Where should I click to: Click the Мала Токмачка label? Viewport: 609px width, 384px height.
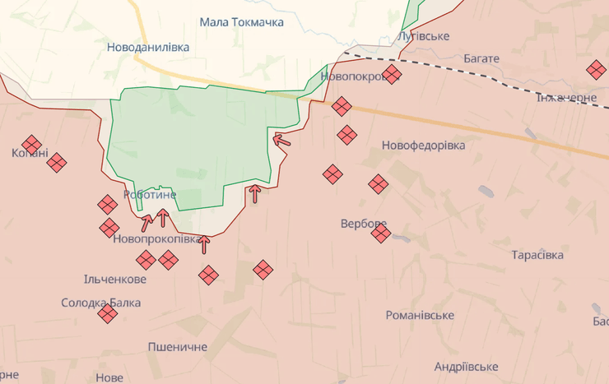(241, 22)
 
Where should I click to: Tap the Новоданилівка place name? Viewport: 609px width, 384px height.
(148, 47)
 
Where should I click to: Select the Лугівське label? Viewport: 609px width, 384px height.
(423, 36)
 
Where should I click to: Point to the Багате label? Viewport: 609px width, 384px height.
(481, 58)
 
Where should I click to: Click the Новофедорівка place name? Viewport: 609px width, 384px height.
(423, 145)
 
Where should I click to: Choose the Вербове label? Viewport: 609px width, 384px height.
(363, 223)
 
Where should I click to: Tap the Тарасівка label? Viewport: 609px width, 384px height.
(537, 255)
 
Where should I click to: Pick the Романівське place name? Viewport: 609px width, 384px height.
(420, 315)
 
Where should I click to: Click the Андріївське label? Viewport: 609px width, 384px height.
(466, 366)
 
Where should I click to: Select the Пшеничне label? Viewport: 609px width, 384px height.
(178, 346)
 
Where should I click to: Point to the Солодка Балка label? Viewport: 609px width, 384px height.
(100, 303)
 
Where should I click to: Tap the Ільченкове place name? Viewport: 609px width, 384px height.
(115, 279)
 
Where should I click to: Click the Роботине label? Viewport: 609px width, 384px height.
(150, 195)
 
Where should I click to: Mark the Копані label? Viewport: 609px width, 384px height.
(30, 154)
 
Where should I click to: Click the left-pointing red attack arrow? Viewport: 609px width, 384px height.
(281, 140)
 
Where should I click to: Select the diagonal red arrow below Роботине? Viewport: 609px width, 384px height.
(146, 222)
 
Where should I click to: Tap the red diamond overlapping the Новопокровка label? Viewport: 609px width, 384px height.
(392, 75)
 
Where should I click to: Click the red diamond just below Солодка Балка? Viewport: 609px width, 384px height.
(107, 313)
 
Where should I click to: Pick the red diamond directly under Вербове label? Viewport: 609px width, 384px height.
(380, 234)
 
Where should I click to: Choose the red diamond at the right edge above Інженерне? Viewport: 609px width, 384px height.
(596, 70)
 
